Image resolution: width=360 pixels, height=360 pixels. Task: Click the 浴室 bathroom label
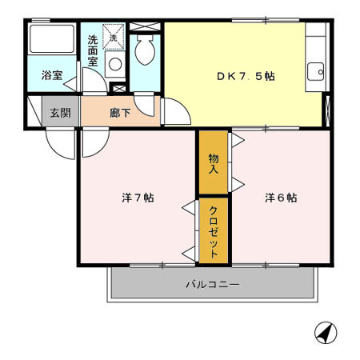click(52, 77)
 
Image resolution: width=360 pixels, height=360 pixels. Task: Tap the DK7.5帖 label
click(246, 77)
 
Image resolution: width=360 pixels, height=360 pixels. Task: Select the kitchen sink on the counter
click(317, 71)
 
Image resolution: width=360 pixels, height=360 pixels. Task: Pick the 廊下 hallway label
click(120, 113)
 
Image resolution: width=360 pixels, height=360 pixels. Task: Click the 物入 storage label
click(214, 164)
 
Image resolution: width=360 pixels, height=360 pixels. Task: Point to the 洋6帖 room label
click(281, 198)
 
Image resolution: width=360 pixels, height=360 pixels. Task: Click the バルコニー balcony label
click(213, 284)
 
